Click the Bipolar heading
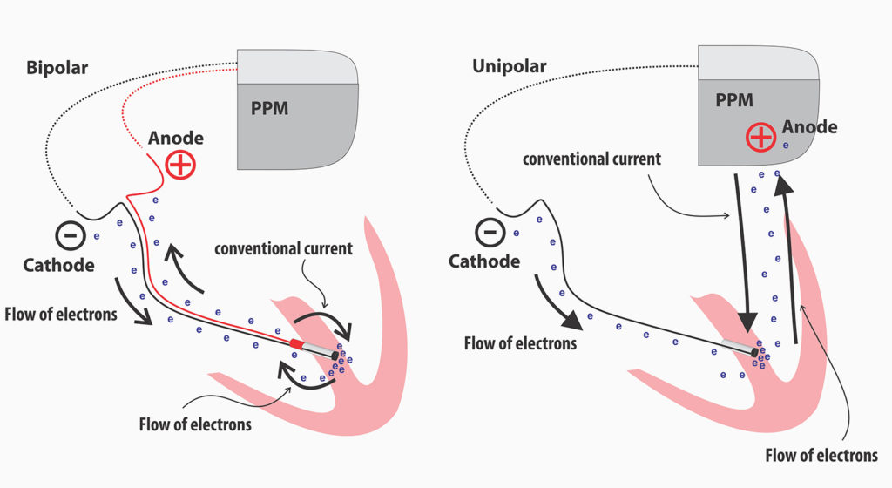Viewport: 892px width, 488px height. [x=57, y=67]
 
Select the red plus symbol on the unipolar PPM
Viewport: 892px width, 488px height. [x=760, y=137]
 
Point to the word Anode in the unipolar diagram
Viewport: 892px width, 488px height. [x=809, y=127]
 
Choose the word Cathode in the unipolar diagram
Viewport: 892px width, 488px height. [x=484, y=261]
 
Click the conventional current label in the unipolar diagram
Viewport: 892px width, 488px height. [x=591, y=159]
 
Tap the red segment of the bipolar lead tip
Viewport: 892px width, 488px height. [x=298, y=346]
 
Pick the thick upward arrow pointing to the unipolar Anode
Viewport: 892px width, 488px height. [x=791, y=253]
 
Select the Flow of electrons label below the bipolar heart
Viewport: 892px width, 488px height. [x=195, y=424]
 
